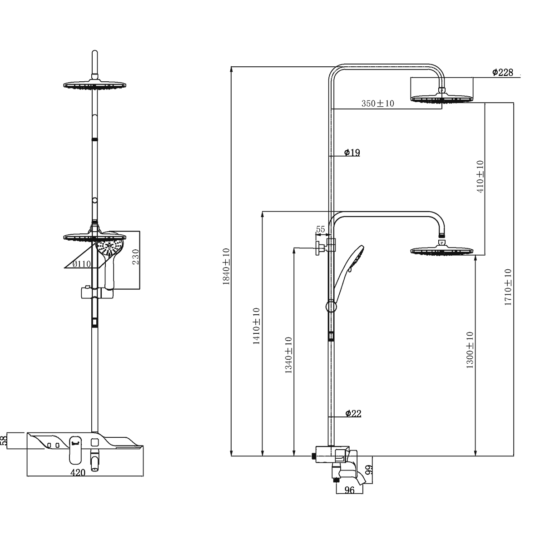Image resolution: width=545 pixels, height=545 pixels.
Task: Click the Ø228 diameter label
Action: click(x=502, y=72)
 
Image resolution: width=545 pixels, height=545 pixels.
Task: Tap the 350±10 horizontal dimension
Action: click(x=378, y=104)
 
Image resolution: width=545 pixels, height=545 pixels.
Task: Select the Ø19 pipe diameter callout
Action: click(x=352, y=153)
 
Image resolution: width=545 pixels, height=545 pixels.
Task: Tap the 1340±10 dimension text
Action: click(x=288, y=355)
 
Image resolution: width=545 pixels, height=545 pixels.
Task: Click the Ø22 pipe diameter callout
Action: click(x=353, y=413)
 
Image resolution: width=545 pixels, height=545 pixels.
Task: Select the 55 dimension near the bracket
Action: click(x=320, y=230)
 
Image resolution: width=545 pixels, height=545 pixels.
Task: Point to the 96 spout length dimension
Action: click(x=350, y=490)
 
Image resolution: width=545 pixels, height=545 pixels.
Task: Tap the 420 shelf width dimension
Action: click(x=78, y=472)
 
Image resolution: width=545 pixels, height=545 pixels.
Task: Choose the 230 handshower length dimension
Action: click(x=135, y=259)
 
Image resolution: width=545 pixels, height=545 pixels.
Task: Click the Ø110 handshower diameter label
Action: click(x=82, y=264)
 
